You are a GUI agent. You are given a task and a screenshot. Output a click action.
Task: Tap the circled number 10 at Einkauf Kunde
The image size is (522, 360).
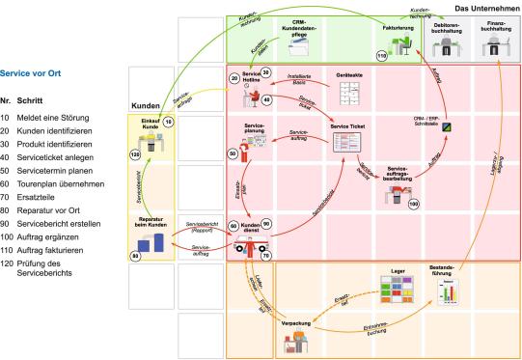tap(168, 123)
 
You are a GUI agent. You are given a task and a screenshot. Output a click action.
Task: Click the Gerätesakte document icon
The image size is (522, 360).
tap(347, 94)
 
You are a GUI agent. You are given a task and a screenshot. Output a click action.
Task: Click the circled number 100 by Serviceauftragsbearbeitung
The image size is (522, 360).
tap(414, 205)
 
